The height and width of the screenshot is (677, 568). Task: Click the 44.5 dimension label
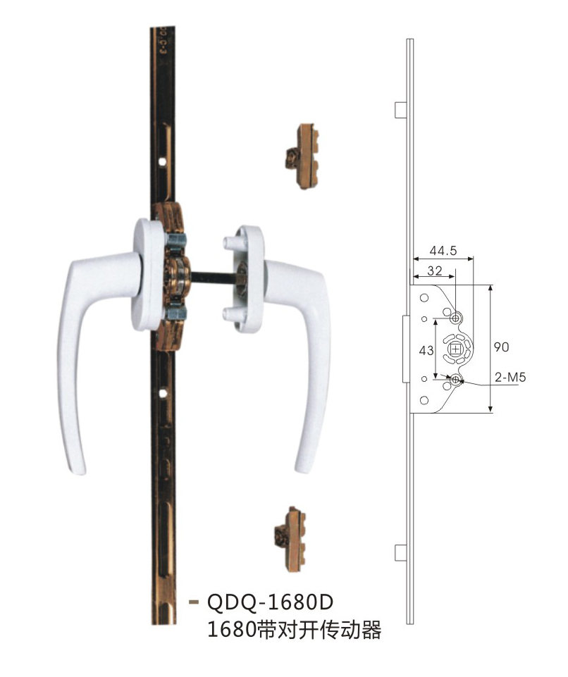[443, 250]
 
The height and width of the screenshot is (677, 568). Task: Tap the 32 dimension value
[435, 271]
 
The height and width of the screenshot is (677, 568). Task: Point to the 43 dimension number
[426, 350]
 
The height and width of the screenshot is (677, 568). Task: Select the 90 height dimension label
[502, 347]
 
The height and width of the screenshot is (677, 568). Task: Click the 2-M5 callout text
[510, 378]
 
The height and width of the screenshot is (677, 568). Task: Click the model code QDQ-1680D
[271, 602]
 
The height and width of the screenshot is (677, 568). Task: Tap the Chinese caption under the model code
[294, 630]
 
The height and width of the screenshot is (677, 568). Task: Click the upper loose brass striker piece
[302, 156]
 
